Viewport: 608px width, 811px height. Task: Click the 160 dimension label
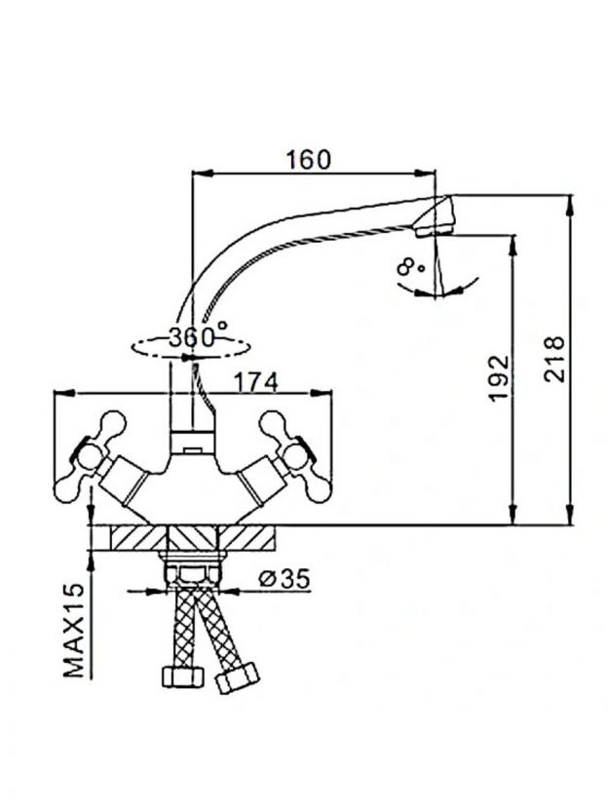pos(308,160)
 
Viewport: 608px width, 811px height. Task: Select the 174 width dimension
pos(256,383)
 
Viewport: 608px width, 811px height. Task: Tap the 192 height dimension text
pos(500,378)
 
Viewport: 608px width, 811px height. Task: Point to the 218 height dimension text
pos(554,359)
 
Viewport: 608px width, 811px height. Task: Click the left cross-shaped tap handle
pos(91,455)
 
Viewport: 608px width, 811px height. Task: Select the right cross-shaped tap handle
pos(294,457)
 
